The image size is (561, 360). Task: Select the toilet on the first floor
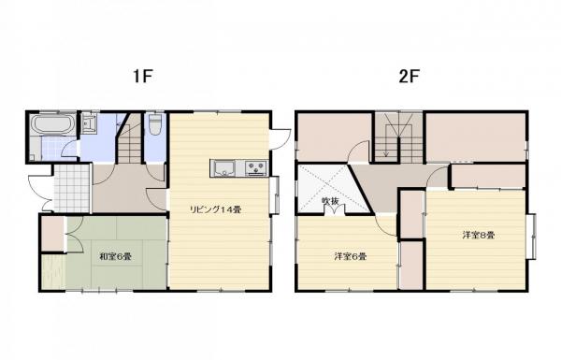(156, 124)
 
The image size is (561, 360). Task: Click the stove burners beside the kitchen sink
(255, 168)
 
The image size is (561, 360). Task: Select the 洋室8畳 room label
(477, 235)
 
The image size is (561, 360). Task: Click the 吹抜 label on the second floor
(329, 200)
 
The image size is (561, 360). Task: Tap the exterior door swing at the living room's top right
(279, 137)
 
